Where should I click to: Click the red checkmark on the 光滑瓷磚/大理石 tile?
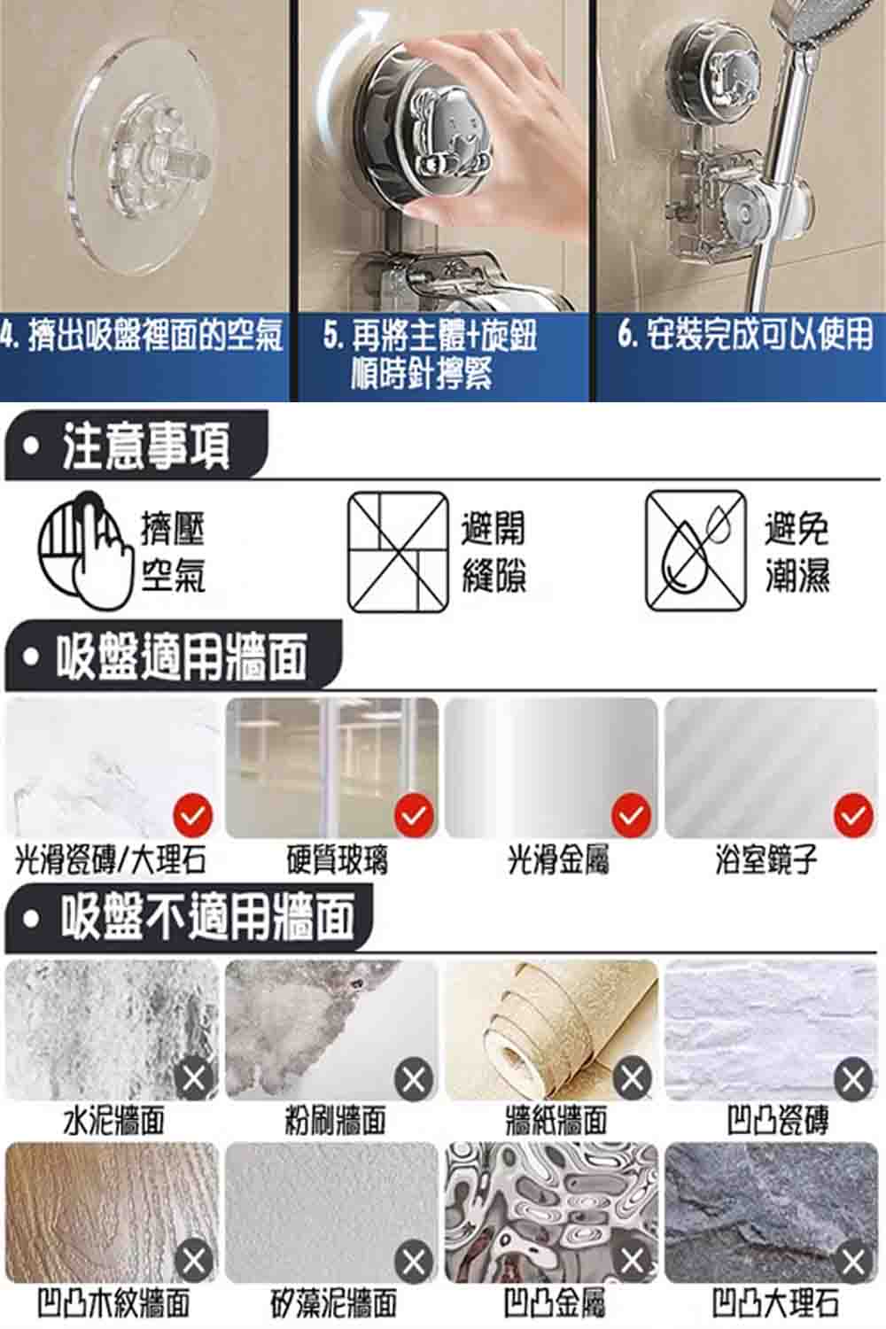[193, 816]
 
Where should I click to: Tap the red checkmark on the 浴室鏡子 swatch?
[853, 816]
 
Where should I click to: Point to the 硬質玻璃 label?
[338, 860]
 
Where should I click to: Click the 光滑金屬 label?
[558, 860]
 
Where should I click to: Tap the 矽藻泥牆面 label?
[334, 1303]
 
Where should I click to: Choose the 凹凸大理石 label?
[776, 1303]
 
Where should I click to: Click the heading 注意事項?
[146, 446]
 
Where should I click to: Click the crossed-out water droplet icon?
[696, 550]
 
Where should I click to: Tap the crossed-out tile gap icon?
[398, 552]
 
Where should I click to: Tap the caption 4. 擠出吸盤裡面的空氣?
[141, 335]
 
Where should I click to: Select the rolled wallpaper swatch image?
[551, 1030]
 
